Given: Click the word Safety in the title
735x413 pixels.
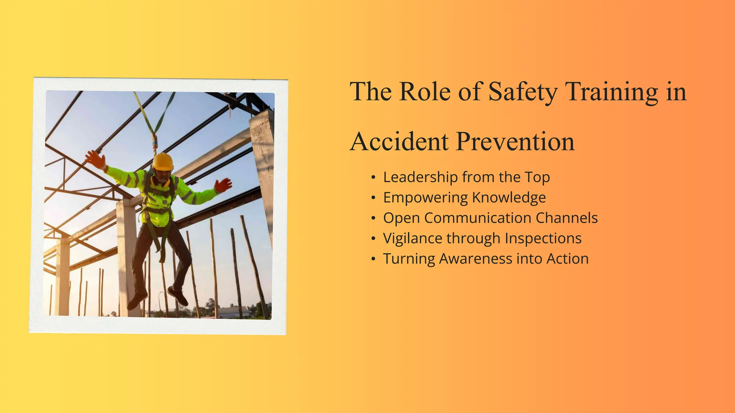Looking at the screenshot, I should click(x=523, y=92).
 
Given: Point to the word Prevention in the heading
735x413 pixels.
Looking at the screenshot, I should click(x=515, y=142).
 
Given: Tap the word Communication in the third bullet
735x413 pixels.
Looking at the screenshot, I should click(x=477, y=218).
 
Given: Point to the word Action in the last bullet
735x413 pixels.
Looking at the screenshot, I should click(x=567, y=259).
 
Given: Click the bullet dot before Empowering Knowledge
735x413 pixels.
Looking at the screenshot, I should click(x=374, y=198).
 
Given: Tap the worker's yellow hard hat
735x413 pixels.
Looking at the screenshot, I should click(x=163, y=161).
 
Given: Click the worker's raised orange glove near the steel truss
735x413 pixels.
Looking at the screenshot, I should click(x=95, y=159).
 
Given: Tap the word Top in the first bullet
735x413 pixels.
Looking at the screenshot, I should click(x=537, y=177).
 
